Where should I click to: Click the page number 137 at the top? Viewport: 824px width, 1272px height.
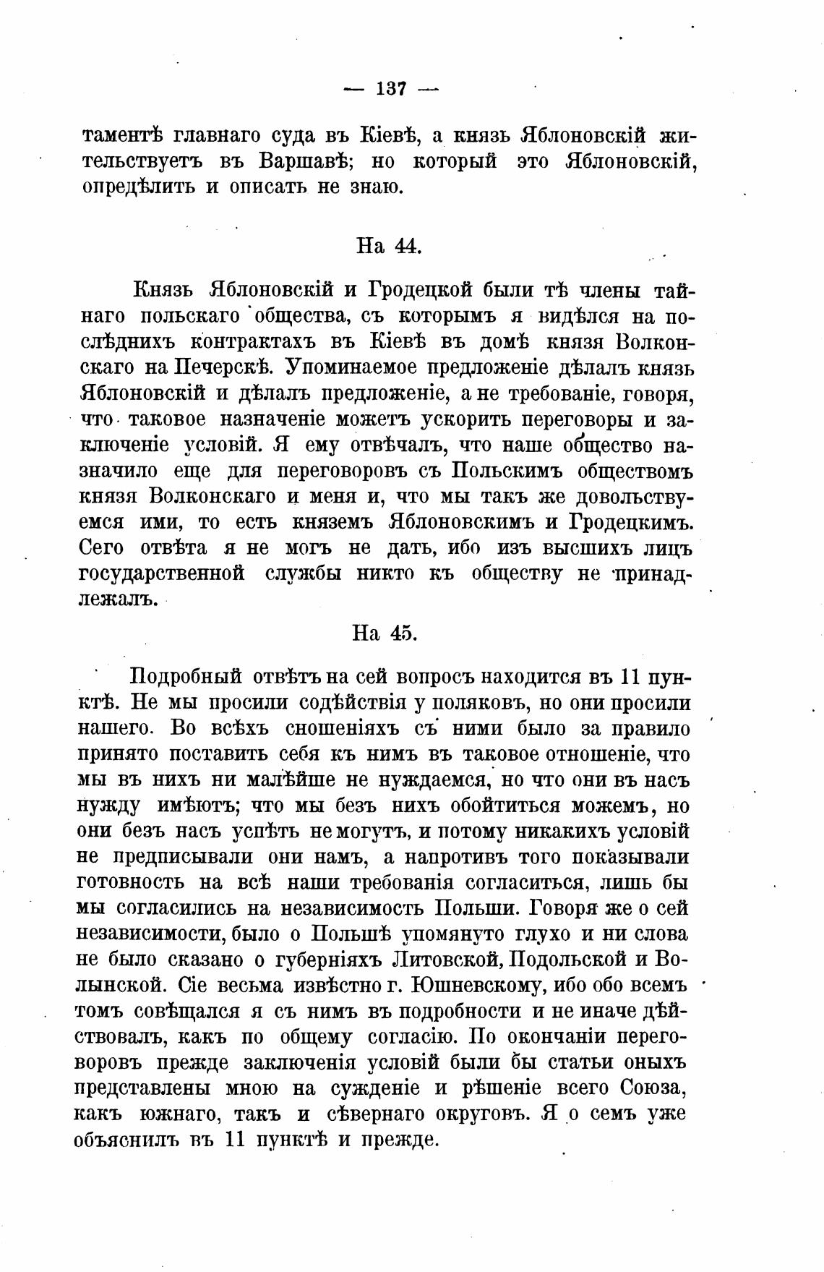[391, 89]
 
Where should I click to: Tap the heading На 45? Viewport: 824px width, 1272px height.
[385, 632]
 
